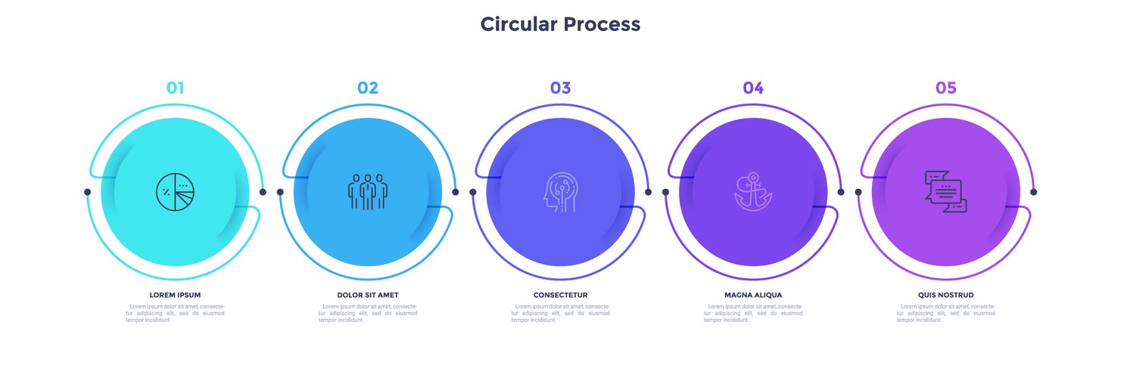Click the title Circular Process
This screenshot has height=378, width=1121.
tap(560, 24)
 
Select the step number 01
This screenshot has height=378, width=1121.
tap(175, 88)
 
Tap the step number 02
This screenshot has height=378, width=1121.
tap(368, 88)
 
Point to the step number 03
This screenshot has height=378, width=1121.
tap(560, 88)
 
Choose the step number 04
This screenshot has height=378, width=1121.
tap(753, 88)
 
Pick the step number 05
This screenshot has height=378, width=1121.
tap(945, 88)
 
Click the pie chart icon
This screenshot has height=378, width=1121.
tap(175, 191)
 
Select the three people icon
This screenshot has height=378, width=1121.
tap(368, 191)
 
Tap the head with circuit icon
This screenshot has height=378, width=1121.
tap(560, 192)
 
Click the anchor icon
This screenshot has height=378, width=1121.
tap(753, 192)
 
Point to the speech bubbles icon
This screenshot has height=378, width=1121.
tap(945, 191)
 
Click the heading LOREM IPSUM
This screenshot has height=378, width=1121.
tap(175, 295)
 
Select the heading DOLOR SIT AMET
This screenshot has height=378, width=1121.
tap(368, 295)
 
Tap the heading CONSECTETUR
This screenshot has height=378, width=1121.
tap(560, 295)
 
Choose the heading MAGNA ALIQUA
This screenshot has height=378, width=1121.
tap(753, 295)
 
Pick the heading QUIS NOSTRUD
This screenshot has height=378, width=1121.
tap(945, 295)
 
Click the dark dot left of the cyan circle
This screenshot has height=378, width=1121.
tap(87, 192)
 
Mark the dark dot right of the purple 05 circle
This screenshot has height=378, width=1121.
tap(1034, 192)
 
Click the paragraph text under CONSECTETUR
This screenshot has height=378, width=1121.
tap(560, 313)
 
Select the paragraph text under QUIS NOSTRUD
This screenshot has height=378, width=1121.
tap(945, 313)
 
